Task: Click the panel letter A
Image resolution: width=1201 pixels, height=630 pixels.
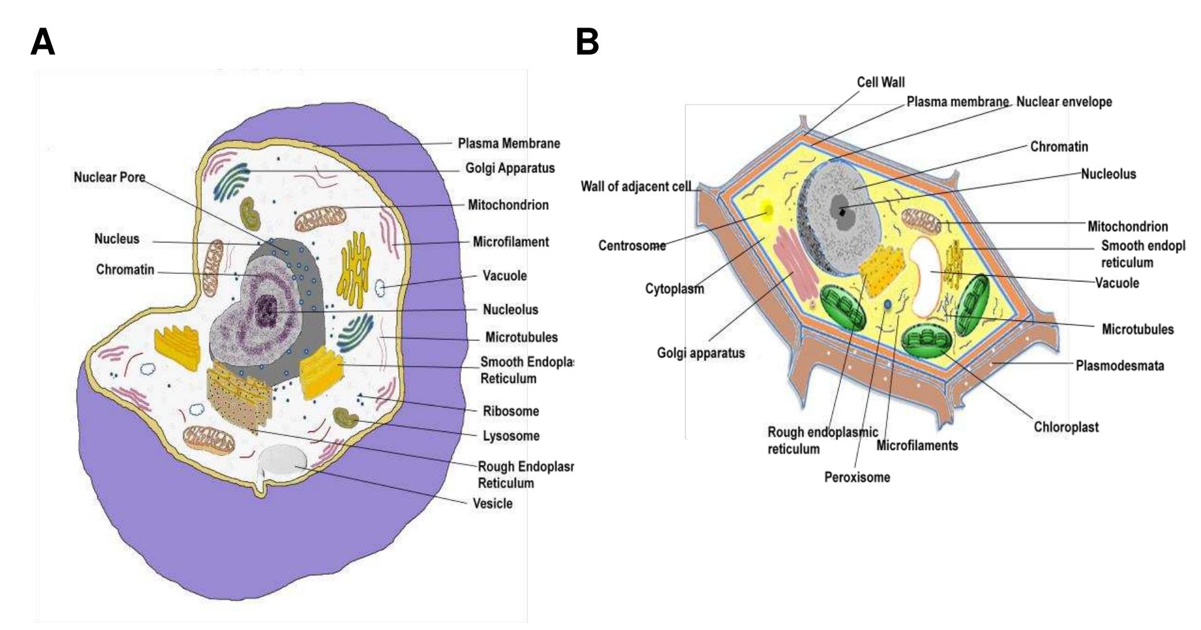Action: [43, 43]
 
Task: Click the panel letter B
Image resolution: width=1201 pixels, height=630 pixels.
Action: [587, 43]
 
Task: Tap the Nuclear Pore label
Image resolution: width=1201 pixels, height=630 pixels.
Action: [110, 177]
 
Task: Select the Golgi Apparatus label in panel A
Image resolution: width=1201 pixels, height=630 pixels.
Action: [510, 169]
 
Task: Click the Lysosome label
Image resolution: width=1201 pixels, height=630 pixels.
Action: [511, 436]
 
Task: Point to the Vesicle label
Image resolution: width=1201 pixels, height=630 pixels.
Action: [493, 503]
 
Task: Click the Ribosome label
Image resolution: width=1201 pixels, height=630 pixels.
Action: [511, 411]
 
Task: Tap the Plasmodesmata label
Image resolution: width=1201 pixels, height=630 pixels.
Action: [1120, 365]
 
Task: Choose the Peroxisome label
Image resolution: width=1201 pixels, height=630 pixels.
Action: [857, 478]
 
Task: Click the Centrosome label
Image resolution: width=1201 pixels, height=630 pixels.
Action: [632, 246]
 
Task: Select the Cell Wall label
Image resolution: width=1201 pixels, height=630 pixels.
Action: [881, 82]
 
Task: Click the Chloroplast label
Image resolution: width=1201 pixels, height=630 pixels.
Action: [1066, 428]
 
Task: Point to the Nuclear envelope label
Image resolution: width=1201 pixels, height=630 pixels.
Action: [1064, 102]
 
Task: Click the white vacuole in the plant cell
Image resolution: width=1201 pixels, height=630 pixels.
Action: [924, 276]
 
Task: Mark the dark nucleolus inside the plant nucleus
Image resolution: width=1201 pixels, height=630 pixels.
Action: [842, 212]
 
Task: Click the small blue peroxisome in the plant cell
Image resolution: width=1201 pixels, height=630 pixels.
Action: [888, 305]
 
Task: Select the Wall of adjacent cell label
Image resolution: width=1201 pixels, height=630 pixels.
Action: [636, 186]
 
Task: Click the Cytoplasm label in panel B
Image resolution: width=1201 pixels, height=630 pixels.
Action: [674, 289]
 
